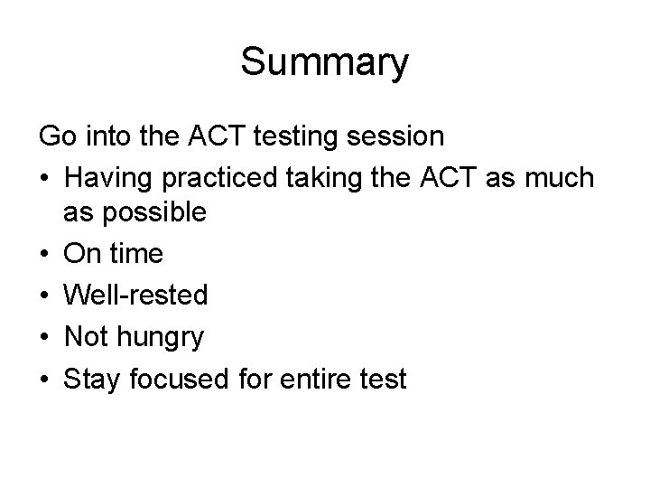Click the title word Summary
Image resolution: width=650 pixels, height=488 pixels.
(324, 63)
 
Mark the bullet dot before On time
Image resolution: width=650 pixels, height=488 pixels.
(45, 254)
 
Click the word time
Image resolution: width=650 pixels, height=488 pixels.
(135, 254)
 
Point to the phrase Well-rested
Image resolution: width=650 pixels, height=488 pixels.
(135, 296)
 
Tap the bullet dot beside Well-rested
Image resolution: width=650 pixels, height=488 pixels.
(45, 296)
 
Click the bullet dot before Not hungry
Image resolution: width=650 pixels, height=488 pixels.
(45, 337)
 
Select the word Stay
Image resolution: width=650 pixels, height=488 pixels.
(91, 380)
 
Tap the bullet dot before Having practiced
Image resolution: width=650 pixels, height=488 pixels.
(45, 179)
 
